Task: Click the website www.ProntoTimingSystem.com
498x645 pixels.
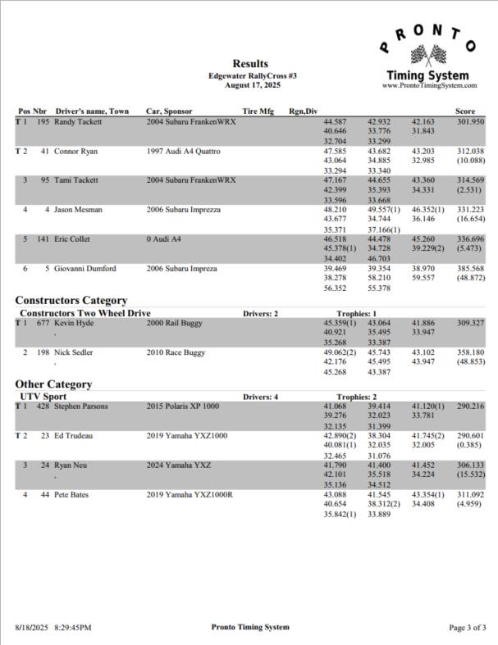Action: tap(429, 84)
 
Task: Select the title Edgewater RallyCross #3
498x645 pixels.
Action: tap(251, 75)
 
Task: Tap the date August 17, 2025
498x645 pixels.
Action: tap(251, 84)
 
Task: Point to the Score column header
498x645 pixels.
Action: tap(465, 111)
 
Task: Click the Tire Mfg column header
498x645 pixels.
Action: tap(258, 111)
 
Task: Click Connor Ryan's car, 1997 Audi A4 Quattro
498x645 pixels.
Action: tap(185, 151)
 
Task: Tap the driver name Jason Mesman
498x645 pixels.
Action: tap(80, 210)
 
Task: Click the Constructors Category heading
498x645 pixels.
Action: tap(71, 301)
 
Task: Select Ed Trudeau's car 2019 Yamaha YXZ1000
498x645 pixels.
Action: tap(185, 435)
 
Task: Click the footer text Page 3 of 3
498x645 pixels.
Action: tap(469, 628)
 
